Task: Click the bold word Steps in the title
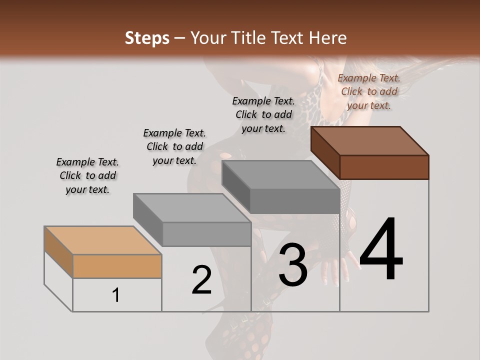147,38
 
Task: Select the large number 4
381,250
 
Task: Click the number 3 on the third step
293,265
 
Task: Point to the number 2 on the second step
202,280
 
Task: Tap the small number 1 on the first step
116,295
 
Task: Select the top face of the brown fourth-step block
370,140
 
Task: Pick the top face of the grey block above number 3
280,175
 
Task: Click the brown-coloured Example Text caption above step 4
369,91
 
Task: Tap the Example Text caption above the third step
263,114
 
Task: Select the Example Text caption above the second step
174,146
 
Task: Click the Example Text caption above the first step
87,175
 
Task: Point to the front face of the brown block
384,167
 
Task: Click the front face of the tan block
117,266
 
